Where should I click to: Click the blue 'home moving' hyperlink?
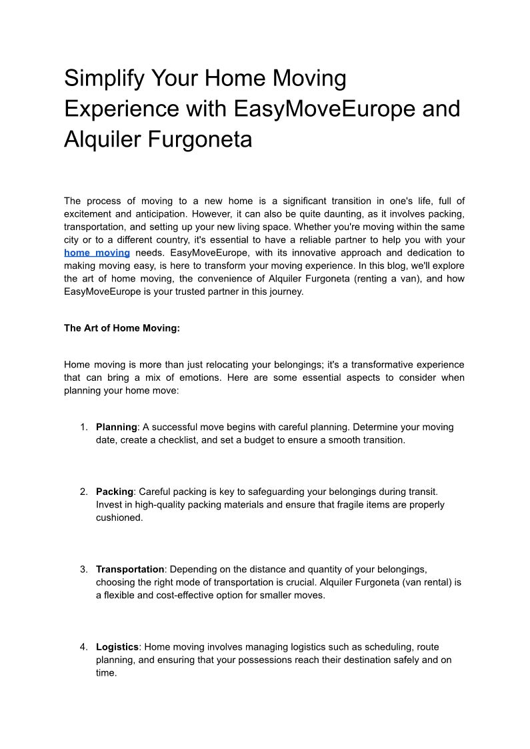[97, 253]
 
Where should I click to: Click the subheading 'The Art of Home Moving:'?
[122, 328]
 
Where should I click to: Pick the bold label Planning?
[117, 427]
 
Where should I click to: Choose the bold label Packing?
[115, 492]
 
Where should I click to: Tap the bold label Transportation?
[130, 570]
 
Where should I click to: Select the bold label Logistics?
[117, 647]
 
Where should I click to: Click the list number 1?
[83, 427]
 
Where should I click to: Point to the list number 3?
[83, 570]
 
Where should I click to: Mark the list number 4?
[83, 647]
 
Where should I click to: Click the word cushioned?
[119, 518]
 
